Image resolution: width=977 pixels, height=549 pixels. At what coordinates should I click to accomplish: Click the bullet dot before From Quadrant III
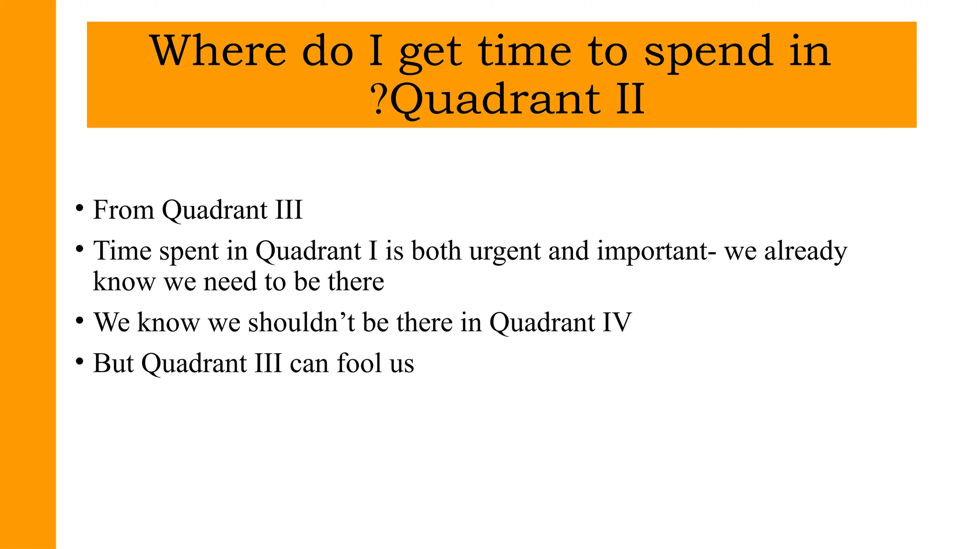(80, 208)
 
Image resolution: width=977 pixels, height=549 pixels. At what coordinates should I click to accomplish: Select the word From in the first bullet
(123, 210)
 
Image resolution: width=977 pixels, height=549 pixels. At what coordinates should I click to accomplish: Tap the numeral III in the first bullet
(289, 210)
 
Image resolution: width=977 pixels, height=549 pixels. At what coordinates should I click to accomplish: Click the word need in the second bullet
(231, 282)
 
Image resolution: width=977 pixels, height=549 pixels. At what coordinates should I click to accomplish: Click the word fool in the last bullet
(359, 363)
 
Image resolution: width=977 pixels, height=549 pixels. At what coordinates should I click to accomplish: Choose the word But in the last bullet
(113, 363)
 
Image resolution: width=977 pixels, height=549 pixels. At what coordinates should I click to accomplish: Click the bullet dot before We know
(80, 321)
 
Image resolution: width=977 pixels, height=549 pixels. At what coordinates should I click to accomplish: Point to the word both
(436, 251)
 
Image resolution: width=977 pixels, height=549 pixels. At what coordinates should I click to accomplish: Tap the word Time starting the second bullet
(122, 251)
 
